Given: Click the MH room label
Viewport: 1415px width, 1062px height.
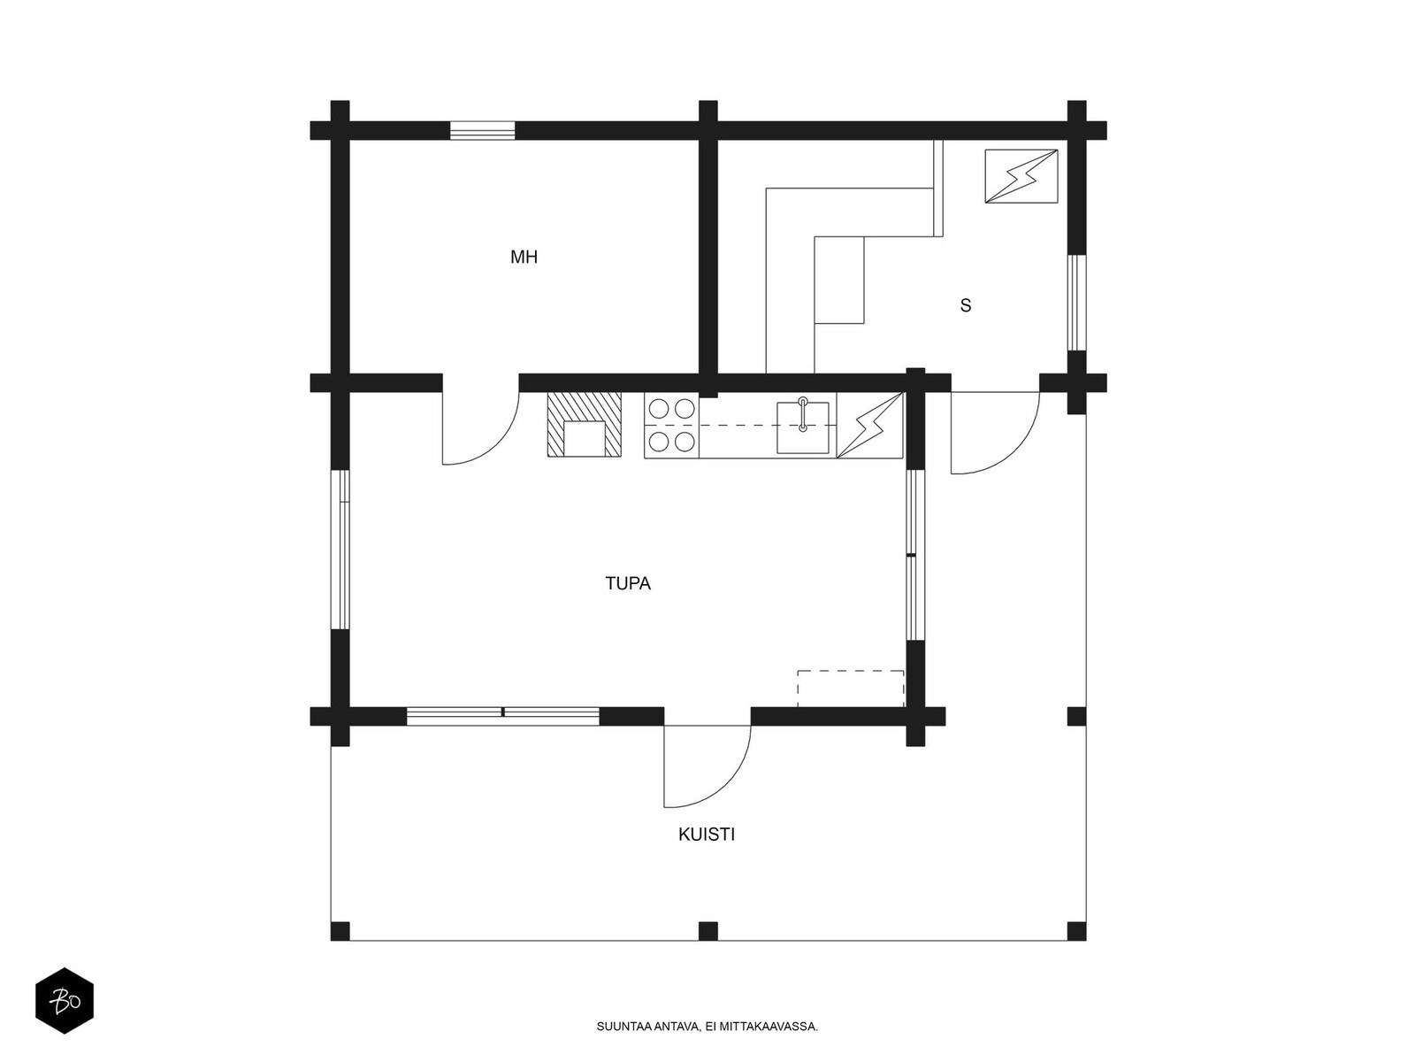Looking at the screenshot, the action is [524, 258].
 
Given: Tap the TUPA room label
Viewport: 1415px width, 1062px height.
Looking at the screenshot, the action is [627, 583].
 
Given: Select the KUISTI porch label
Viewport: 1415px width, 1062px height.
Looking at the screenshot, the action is [706, 835].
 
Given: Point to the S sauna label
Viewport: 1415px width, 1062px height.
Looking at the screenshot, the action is [965, 305].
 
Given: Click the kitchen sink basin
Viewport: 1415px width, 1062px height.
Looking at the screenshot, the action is [802, 427].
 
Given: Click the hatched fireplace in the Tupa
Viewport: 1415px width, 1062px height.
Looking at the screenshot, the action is [584, 424].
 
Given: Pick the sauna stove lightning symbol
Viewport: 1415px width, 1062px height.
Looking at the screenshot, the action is [1021, 176].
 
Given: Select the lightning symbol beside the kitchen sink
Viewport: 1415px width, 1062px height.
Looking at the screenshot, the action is [869, 425].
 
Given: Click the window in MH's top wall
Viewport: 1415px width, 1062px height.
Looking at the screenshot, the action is [482, 130].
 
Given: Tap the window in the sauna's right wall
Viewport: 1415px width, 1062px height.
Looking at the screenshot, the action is [1076, 303].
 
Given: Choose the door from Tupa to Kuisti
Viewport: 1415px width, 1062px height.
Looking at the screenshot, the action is [707, 766].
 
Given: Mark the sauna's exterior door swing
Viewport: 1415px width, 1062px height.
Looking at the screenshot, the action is [995, 433].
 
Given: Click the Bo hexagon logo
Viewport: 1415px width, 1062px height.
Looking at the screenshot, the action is [65, 1001].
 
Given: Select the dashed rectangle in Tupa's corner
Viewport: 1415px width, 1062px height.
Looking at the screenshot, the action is [850, 689].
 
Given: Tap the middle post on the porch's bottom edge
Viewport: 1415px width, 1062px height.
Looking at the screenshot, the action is [707, 931].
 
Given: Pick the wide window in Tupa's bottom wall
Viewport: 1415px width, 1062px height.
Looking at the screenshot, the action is [503, 716].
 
